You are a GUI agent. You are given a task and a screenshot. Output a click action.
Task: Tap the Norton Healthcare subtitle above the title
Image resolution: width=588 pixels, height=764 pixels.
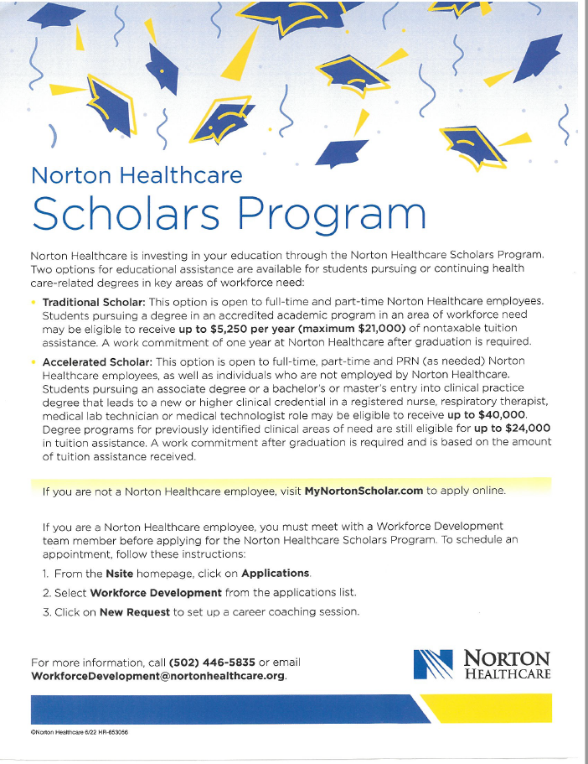pyautogui.click(x=137, y=175)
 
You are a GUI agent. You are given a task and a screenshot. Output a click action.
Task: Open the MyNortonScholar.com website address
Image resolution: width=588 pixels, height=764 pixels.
pyautogui.click(x=364, y=491)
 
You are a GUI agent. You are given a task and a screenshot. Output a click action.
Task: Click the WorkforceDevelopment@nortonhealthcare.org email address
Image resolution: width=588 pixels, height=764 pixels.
pyautogui.click(x=157, y=676)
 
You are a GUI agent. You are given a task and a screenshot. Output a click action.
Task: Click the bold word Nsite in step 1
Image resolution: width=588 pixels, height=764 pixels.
pyautogui.click(x=117, y=574)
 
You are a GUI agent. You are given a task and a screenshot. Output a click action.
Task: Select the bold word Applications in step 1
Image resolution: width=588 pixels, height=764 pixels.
pyautogui.click(x=275, y=574)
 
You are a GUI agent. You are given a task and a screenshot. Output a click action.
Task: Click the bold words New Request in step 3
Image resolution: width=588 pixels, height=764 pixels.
pyautogui.click(x=134, y=611)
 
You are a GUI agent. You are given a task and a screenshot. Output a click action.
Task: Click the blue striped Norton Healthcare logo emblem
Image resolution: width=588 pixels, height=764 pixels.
pyautogui.click(x=433, y=664)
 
